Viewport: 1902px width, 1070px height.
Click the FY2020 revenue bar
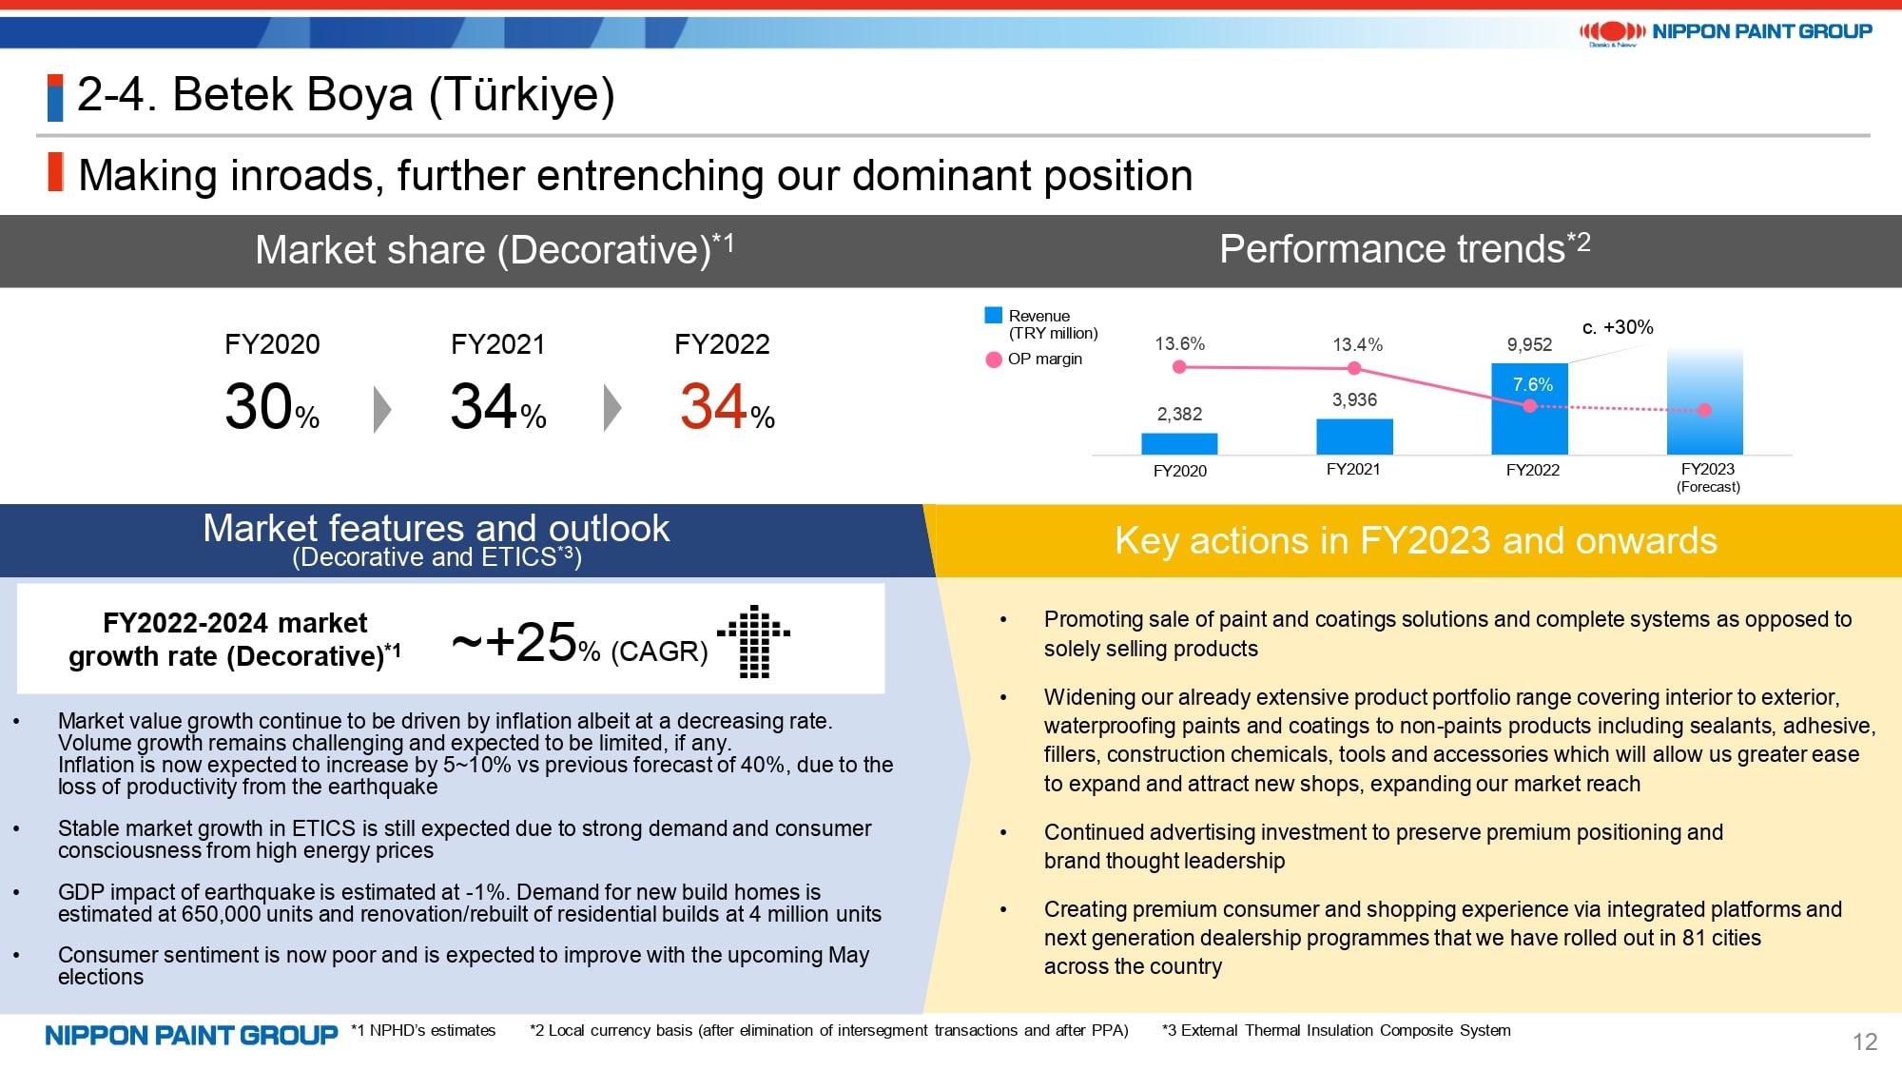point(1179,443)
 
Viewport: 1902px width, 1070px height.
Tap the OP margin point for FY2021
point(1354,368)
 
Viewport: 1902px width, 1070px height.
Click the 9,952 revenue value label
point(1529,344)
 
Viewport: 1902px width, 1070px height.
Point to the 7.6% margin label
point(1532,384)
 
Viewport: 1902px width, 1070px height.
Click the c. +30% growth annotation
point(1618,327)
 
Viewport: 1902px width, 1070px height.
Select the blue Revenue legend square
point(994,315)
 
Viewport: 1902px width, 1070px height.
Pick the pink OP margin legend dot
point(994,360)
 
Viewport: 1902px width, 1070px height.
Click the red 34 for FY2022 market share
point(713,407)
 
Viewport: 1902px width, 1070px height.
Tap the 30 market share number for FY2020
point(259,407)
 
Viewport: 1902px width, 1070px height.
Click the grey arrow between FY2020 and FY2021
point(382,410)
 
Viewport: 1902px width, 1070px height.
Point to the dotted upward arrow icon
point(754,641)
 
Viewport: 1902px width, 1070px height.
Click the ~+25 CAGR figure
point(514,643)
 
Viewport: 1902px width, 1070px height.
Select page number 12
point(1864,1041)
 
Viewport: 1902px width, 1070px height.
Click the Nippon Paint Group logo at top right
point(1725,31)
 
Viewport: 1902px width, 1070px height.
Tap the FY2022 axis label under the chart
point(1532,470)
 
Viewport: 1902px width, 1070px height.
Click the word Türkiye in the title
point(520,95)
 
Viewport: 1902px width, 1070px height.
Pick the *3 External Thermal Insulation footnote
point(1336,1030)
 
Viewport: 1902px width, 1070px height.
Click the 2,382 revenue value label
point(1179,414)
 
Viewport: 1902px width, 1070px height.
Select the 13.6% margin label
point(1179,343)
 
